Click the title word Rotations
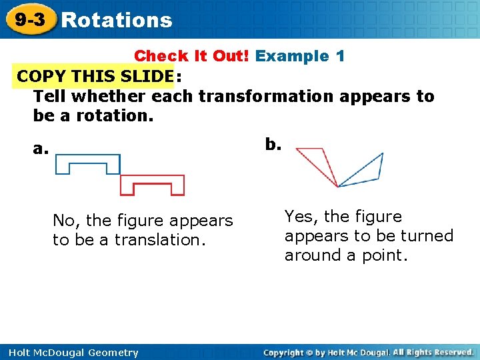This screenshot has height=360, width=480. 117,21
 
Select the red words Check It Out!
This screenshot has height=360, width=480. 192,56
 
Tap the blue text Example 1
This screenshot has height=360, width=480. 300,56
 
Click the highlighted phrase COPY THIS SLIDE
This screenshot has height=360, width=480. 95,76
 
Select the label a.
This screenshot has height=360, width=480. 41,148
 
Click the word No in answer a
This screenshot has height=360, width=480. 63,220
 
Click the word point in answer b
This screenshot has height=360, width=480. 383,255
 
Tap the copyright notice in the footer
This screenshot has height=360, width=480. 368,352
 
